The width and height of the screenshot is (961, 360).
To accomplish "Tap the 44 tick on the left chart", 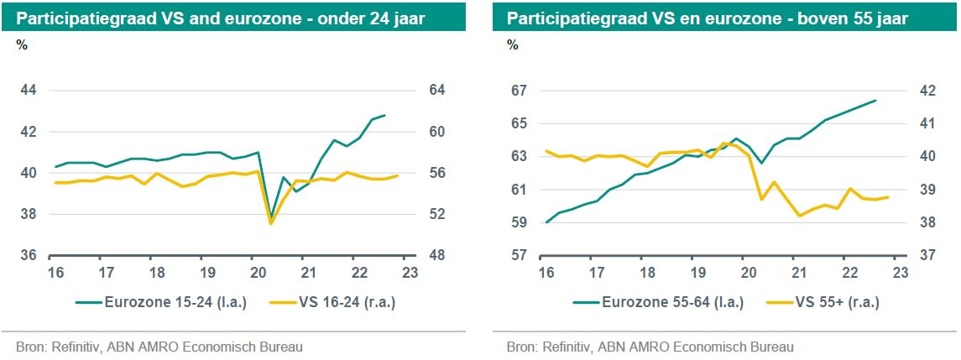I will click(x=29, y=91).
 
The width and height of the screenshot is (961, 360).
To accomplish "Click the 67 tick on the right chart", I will click(x=519, y=91).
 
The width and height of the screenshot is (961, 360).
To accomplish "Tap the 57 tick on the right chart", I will click(x=519, y=255).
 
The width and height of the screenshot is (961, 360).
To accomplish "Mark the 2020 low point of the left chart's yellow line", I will click(x=271, y=223).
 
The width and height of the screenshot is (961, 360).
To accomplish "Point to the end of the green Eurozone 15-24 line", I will click(x=384, y=115).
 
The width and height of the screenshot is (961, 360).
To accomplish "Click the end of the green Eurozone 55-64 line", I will click(x=875, y=101).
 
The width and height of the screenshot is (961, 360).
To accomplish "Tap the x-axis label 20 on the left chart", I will click(x=257, y=273).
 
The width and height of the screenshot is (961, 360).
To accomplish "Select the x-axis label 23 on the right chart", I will click(x=900, y=273).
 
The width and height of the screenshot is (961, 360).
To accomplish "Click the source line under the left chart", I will click(x=159, y=347).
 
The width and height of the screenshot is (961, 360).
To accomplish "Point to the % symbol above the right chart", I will click(x=513, y=45).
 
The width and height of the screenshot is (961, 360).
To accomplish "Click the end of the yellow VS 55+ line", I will click(x=888, y=197).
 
